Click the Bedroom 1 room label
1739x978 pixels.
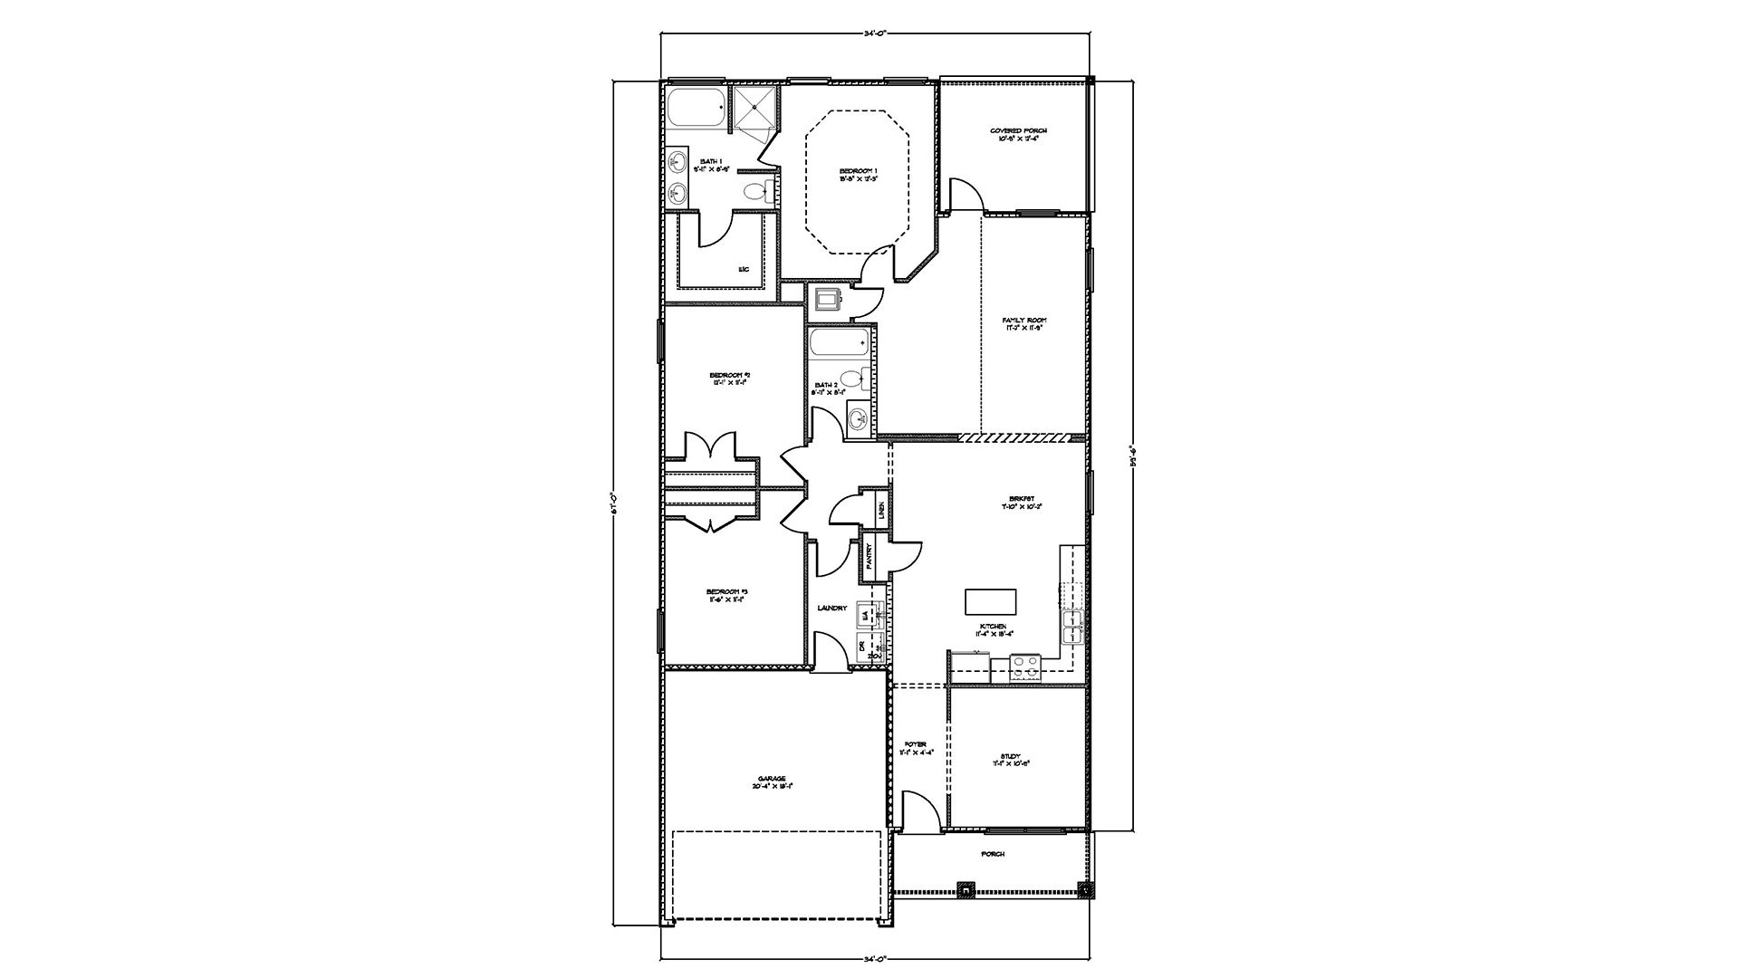(x=858, y=175)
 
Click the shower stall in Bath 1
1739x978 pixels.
(x=754, y=109)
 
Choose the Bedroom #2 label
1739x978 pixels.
(x=730, y=379)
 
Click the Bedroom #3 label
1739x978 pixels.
(x=726, y=596)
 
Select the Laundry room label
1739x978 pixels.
(x=831, y=608)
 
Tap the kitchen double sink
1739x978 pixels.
(x=1073, y=621)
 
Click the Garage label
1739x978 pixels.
(x=772, y=782)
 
